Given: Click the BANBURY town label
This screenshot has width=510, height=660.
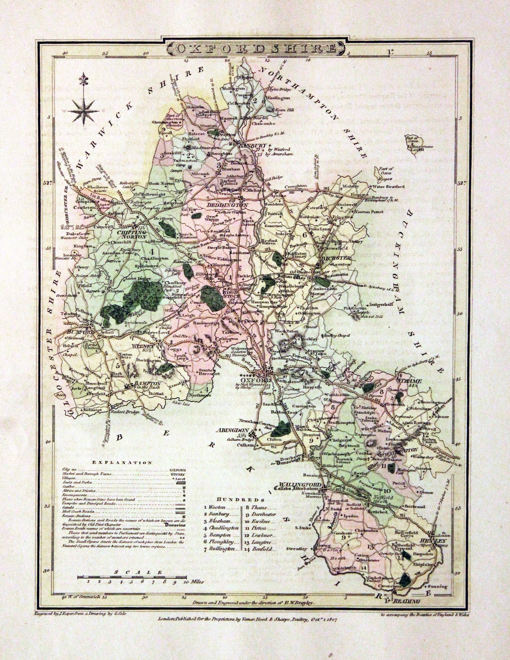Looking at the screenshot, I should click(x=249, y=145).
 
